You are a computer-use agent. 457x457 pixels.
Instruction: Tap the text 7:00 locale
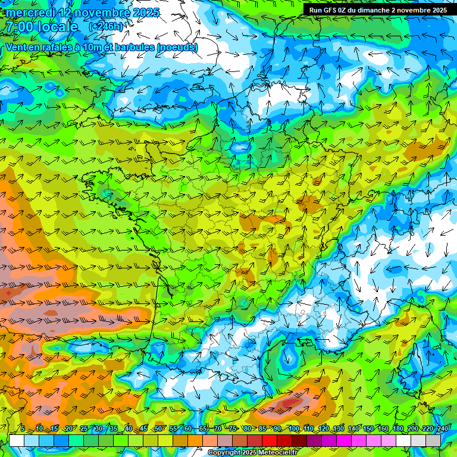42,27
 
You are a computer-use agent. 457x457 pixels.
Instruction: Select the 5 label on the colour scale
23,429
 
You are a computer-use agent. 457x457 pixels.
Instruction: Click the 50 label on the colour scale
158,429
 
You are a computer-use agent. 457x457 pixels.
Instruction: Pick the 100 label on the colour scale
294,429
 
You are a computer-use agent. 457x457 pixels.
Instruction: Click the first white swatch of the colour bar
17,440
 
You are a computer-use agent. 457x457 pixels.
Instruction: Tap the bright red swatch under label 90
270,440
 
